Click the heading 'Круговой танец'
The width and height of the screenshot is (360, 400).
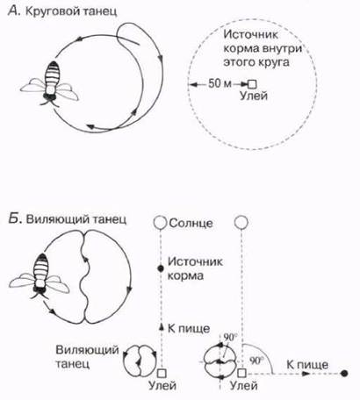pyautogui.click(x=71, y=11)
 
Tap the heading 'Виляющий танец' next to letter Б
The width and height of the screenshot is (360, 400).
pyautogui.click(x=76, y=219)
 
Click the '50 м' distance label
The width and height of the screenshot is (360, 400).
pyautogui.click(x=220, y=83)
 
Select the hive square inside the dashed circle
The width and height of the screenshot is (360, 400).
pyautogui.click(x=252, y=84)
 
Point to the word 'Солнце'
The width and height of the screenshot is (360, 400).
pyautogui.click(x=191, y=223)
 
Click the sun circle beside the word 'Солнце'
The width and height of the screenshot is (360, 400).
pyautogui.click(x=160, y=223)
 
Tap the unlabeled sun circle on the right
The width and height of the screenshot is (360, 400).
pyautogui.click(x=241, y=223)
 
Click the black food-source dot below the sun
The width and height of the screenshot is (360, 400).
pyautogui.click(x=161, y=268)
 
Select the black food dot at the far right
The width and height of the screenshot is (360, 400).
pyautogui.click(x=344, y=373)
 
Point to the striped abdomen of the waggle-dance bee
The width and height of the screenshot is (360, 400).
pyautogui.click(x=41, y=267)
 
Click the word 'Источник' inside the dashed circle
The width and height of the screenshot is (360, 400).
pyautogui.click(x=250, y=34)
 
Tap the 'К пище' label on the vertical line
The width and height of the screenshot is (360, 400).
pyautogui.click(x=189, y=328)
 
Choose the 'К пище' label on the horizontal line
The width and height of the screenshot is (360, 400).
pyautogui.click(x=307, y=365)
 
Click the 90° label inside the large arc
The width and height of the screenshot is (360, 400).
pyautogui.click(x=256, y=361)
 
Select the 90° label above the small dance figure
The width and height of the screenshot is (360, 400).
pyautogui.click(x=230, y=337)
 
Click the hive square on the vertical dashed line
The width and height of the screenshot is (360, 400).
pyautogui.click(x=162, y=374)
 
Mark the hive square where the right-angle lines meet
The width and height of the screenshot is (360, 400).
pyautogui.click(x=241, y=373)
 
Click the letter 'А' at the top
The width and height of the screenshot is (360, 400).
pyautogui.click(x=13, y=11)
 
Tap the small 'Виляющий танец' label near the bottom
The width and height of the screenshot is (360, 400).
pyautogui.click(x=87, y=357)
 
